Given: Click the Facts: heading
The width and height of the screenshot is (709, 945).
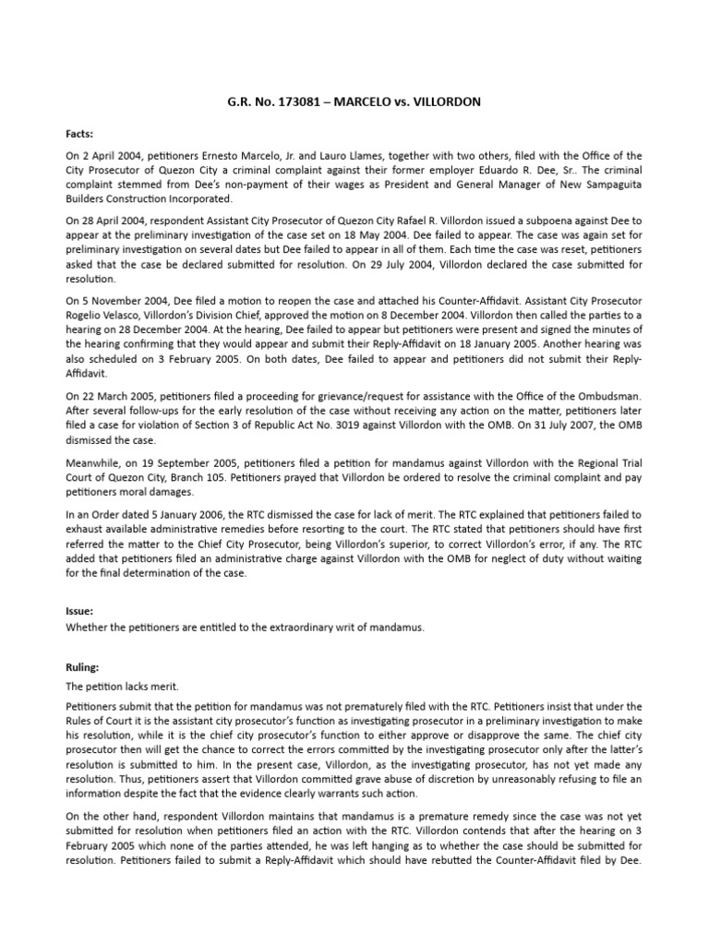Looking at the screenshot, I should coord(81,132).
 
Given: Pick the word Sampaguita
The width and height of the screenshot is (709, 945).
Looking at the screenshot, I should coord(603,185).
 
